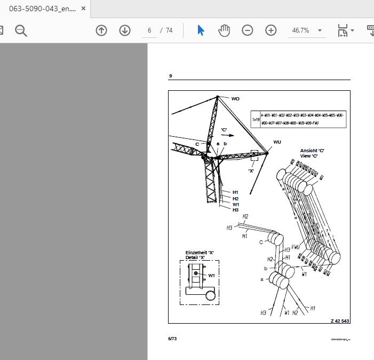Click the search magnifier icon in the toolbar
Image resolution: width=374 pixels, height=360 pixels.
[x=21, y=30]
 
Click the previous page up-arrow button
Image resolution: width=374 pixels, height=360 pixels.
[x=101, y=30]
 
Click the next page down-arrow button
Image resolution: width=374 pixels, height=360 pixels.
[x=125, y=30]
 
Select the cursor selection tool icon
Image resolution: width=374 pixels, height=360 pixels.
[x=201, y=30]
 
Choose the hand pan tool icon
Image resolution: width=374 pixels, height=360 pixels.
[x=224, y=30]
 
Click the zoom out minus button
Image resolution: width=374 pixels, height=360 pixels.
[x=248, y=30]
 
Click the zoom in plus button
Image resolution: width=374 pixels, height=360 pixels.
[x=271, y=30]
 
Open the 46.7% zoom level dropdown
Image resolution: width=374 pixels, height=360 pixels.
[x=307, y=30]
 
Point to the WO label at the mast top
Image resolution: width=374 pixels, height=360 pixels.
[x=235, y=99]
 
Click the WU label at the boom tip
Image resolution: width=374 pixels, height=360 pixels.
[x=277, y=142]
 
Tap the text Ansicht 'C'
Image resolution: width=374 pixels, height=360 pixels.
[x=312, y=151]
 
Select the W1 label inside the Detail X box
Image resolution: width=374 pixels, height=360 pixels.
[x=212, y=276]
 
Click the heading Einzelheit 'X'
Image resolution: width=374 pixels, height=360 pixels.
[x=200, y=253]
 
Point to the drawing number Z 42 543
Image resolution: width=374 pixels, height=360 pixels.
[x=340, y=320]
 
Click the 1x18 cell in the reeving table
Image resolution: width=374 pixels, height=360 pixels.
[x=256, y=120]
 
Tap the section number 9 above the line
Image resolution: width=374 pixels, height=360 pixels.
[x=171, y=76]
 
